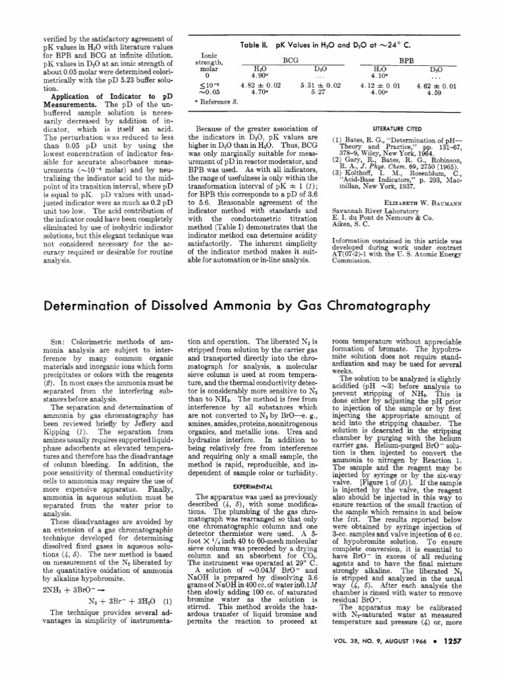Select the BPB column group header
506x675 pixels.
click(409, 59)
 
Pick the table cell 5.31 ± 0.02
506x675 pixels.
click(321, 85)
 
